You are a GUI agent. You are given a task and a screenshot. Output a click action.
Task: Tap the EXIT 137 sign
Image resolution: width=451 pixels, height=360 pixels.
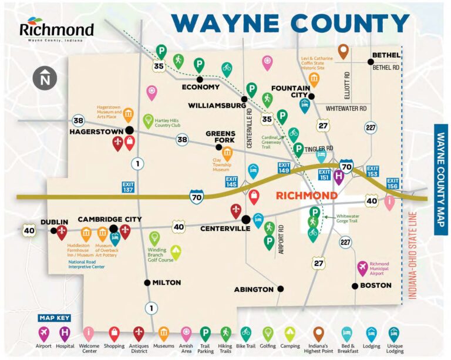pyautogui.click(x=128, y=187)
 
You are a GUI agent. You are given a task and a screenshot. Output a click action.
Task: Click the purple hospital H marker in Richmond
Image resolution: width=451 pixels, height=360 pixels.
pyautogui.click(x=339, y=175)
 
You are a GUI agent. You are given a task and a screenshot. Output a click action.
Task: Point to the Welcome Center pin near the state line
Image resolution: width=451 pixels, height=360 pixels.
pyautogui.click(x=388, y=203)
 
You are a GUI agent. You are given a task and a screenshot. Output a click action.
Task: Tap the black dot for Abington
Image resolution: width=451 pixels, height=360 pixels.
pyautogui.click(x=281, y=289)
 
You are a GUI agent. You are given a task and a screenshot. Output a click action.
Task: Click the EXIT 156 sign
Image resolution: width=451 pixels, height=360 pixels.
pyautogui.click(x=392, y=184)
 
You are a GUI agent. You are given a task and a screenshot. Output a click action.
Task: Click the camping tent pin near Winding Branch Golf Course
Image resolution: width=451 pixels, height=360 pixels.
pyautogui.click(x=176, y=253)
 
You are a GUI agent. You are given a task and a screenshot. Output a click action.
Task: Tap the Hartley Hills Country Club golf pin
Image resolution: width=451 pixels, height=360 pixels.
pyautogui.click(x=149, y=120)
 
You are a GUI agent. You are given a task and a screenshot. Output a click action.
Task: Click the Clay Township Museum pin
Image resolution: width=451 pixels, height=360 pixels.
pyautogui.click(x=226, y=152)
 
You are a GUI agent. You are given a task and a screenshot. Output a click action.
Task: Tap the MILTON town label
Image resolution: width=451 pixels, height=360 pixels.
pyautogui.click(x=166, y=282)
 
